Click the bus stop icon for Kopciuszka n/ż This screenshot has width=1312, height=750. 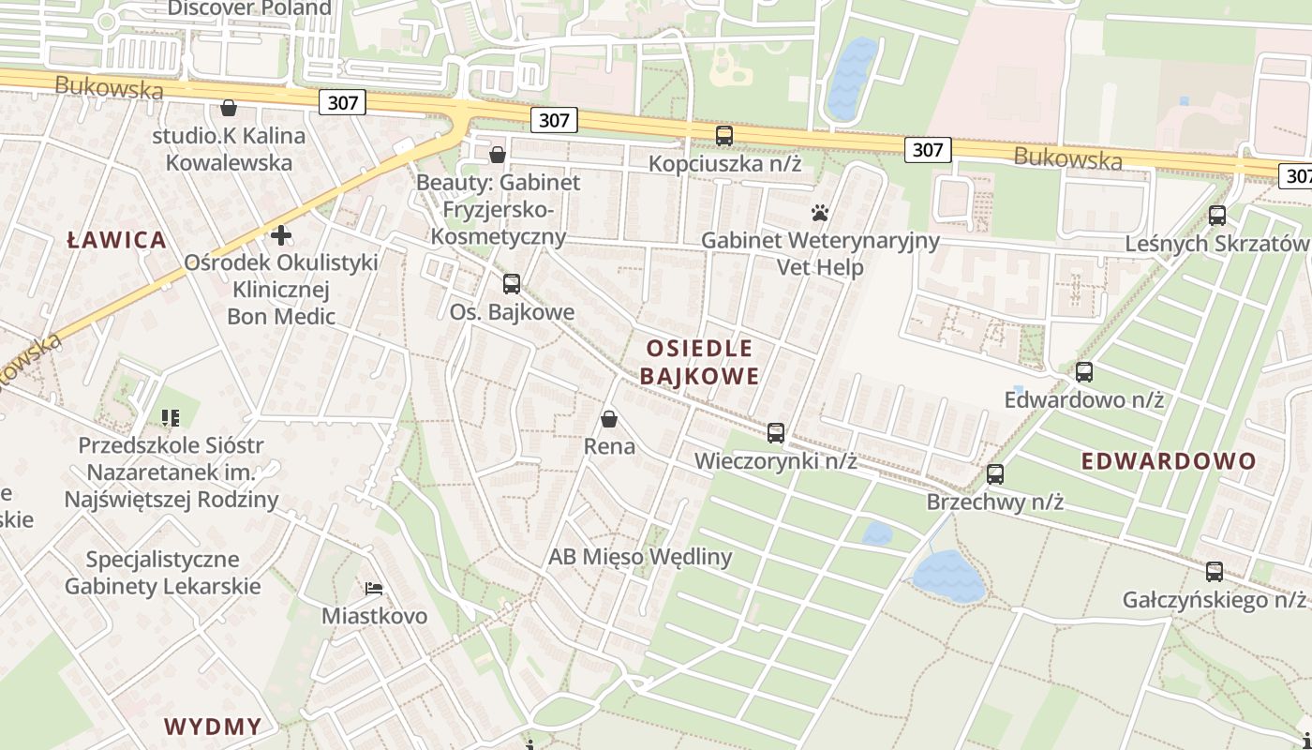point(724,136)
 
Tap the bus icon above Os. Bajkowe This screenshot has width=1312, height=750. point(512,284)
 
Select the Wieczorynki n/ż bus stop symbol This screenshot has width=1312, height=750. point(776,433)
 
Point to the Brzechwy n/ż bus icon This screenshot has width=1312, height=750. point(995,474)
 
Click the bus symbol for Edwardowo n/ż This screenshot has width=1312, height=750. point(1084,372)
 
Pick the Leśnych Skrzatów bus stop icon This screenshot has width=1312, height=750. point(1217,216)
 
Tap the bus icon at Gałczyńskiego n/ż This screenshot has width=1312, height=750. point(1215,571)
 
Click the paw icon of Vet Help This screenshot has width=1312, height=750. point(820,214)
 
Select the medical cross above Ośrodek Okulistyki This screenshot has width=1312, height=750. point(281,235)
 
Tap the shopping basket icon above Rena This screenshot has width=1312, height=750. point(609,419)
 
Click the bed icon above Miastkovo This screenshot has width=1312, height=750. point(374,589)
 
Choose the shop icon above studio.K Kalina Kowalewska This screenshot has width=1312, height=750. point(229,109)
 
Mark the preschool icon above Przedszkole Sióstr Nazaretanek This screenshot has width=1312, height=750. point(171,417)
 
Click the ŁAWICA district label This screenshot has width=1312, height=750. point(117,240)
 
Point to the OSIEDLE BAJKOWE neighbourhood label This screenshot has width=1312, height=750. point(700,363)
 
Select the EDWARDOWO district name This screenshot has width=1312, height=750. point(1168,461)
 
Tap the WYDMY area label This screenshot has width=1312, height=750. point(213,727)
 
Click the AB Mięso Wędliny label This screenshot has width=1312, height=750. point(640,557)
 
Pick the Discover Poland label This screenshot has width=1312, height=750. point(249,8)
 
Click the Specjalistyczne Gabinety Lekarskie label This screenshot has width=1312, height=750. point(162,573)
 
